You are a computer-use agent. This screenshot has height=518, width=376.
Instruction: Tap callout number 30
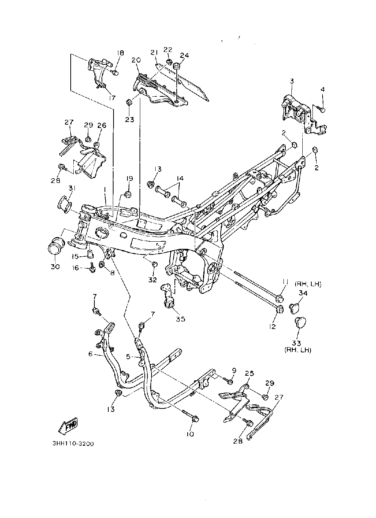point(55,267)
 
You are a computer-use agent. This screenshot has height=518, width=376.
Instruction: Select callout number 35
point(180,319)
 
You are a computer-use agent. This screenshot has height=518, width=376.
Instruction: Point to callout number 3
point(292,81)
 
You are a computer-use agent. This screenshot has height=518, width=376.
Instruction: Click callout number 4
point(323,89)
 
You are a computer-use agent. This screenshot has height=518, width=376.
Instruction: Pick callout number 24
point(184,55)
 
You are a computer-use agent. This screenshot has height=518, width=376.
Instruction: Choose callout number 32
point(153,280)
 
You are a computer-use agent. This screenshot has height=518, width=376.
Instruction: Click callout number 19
point(129,178)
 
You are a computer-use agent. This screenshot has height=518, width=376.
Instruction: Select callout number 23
point(130,120)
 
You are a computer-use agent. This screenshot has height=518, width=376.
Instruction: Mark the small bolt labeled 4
point(321,109)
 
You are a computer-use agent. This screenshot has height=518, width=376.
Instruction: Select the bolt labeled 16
point(92,268)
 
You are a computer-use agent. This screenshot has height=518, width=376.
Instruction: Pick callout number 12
point(273,326)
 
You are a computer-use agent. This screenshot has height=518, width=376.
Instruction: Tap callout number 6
point(90,353)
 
